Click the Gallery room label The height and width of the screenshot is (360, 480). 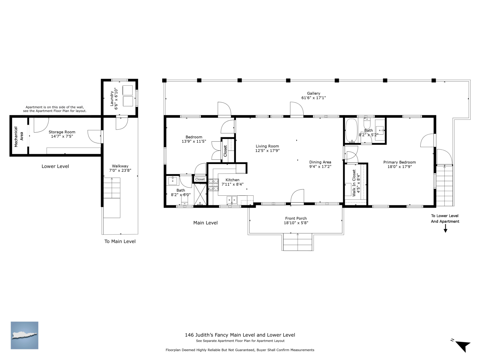pos(313,93)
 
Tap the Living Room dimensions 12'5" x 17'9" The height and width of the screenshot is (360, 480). pos(267,151)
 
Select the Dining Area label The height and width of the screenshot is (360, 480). pos(320,162)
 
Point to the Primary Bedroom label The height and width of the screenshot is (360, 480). pos(400,162)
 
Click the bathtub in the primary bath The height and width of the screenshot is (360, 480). pos(351,130)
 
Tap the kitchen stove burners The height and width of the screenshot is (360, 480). pos(213,185)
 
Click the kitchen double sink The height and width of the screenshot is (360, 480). pos(232,200)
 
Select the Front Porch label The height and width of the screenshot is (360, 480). pos(296,218)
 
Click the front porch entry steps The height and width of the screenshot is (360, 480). pos(297,242)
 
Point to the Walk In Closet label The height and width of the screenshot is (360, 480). pos(354,183)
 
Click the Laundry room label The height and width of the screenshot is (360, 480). pos(112,99)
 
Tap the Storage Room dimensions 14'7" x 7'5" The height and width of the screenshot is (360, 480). pos(62,136)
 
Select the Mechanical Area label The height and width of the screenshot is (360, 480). pos(19,137)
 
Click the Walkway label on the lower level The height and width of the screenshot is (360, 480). pos(120,166)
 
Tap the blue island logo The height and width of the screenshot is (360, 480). pos(24,335)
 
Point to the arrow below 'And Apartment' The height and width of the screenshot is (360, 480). pos(445,228)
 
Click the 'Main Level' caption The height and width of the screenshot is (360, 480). pos(205,223)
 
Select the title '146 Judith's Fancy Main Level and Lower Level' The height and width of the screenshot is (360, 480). pos(240,335)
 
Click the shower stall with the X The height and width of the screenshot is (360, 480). pos(200,194)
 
